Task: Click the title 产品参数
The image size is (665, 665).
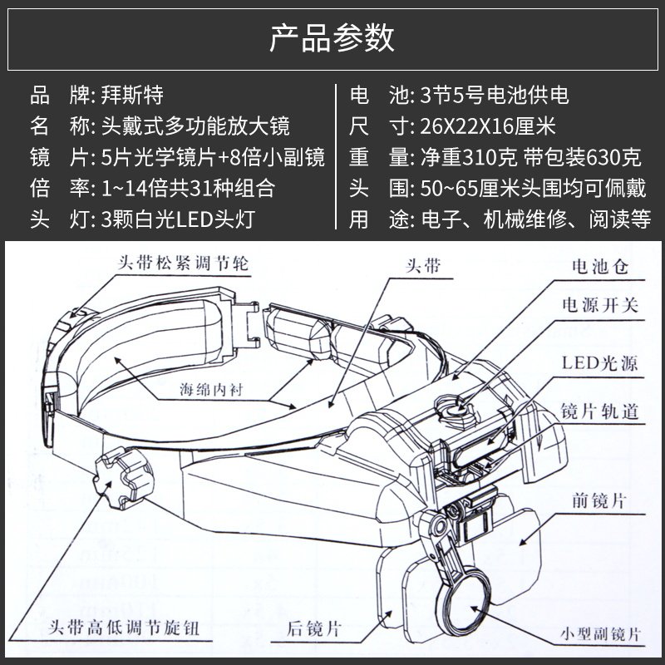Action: coord(332,38)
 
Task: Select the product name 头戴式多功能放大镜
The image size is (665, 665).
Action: coord(195,126)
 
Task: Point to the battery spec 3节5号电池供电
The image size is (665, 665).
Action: coord(491,95)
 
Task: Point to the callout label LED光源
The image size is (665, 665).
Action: coord(600,366)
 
